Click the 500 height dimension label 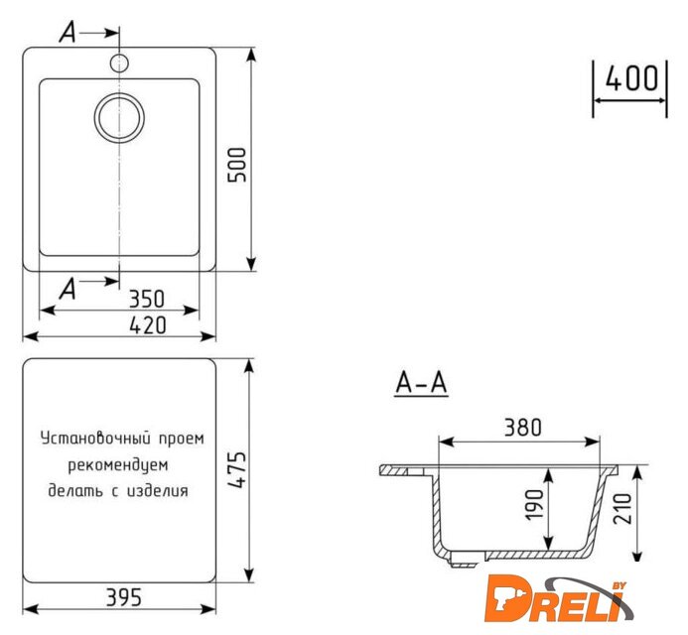click(x=237, y=165)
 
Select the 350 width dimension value click(x=147, y=299)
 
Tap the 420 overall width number click(x=148, y=325)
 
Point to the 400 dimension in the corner click(x=631, y=78)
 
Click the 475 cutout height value click(x=237, y=469)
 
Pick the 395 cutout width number click(x=124, y=597)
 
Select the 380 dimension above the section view click(x=523, y=428)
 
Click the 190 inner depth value click(x=534, y=505)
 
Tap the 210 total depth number click(x=623, y=508)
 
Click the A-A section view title click(x=421, y=383)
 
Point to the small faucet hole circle click(x=119, y=63)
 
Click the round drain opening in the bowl click(x=119, y=117)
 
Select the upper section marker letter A click(x=69, y=33)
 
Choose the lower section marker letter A click(x=69, y=290)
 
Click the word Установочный click(x=95, y=439)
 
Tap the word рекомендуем click(x=118, y=465)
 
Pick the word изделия click(x=157, y=490)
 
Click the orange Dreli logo click(x=558, y=600)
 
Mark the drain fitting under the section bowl click(x=463, y=560)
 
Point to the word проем click(x=182, y=439)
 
